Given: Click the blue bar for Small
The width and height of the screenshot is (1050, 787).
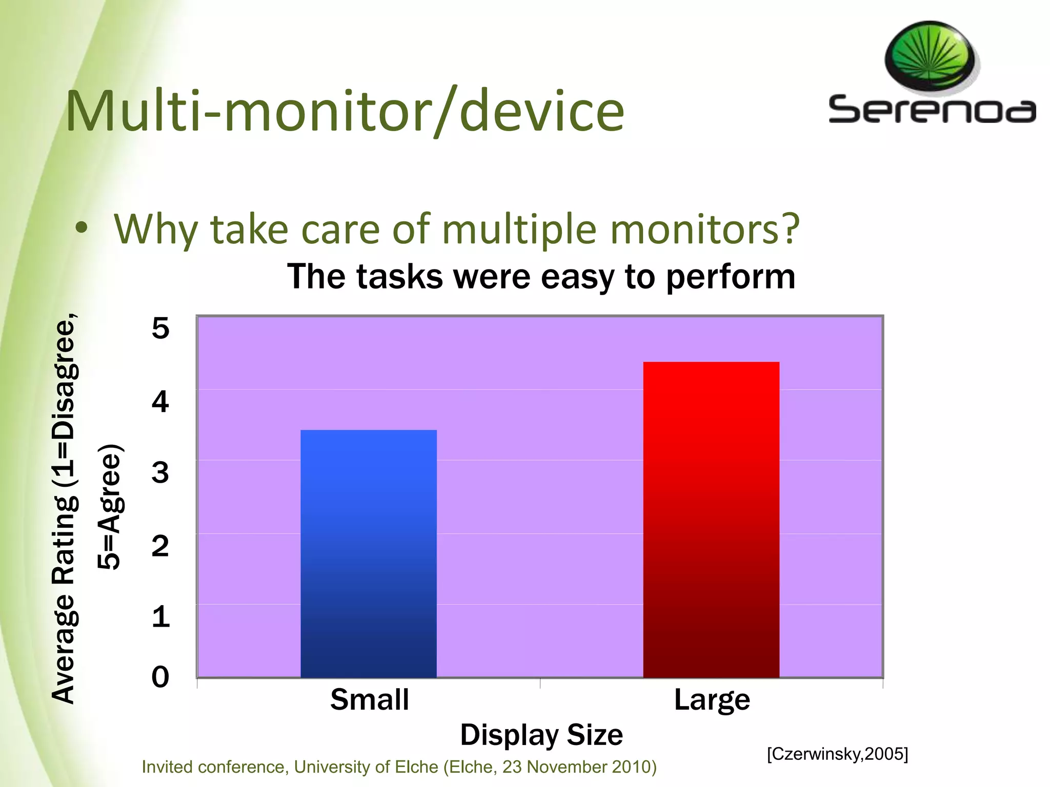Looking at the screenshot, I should (368, 553).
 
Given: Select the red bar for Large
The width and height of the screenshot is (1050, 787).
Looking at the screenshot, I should (711, 520).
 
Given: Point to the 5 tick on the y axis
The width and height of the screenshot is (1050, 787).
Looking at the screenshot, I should (160, 328).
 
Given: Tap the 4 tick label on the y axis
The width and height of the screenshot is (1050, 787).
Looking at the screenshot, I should (160, 402).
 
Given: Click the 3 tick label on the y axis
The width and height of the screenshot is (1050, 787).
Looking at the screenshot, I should (160, 472).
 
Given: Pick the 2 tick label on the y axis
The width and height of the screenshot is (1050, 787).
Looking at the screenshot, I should (160, 546).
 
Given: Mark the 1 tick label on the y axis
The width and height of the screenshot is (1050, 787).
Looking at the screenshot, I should (160, 616).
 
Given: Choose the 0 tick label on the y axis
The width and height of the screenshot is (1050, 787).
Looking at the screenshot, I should (160, 677).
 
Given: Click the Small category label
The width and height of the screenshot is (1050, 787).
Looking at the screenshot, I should (369, 700).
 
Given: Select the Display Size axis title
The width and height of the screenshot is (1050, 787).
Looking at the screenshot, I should (541, 735).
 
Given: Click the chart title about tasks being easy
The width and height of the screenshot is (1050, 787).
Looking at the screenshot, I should (541, 277).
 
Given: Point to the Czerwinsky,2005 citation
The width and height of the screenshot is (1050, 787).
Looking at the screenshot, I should (837, 754).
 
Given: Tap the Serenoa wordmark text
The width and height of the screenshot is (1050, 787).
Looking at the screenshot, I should (932, 110).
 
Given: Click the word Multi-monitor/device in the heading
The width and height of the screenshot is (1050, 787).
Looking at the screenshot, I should (345, 112).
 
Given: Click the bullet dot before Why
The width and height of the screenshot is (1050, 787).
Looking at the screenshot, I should (81, 229).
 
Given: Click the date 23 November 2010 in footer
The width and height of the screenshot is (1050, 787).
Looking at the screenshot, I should (576, 767).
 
